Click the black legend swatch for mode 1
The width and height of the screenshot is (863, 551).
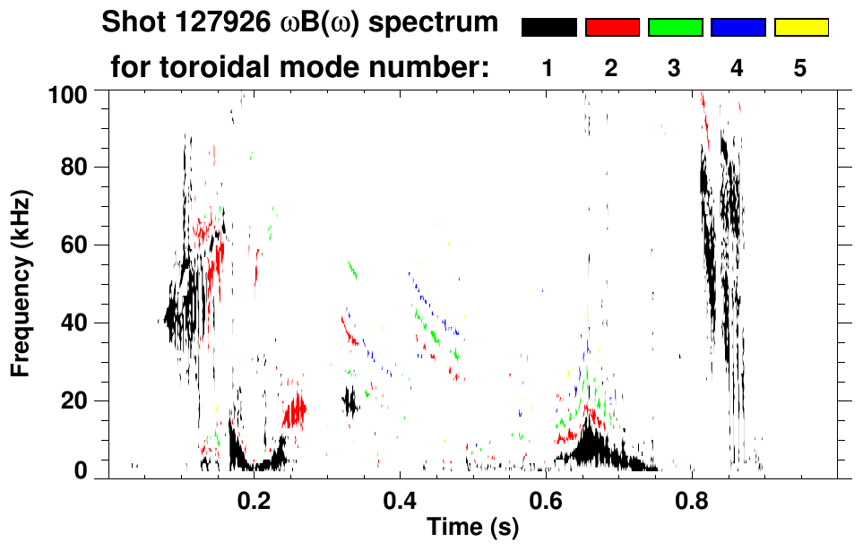point(548,28)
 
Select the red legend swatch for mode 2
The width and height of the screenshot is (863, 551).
point(612,28)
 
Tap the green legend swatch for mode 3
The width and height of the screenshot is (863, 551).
point(675,28)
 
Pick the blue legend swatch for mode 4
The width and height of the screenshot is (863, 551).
point(738,28)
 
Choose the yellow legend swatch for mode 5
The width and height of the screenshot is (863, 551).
point(801,28)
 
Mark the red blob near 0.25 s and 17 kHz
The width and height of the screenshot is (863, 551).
point(295,411)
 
